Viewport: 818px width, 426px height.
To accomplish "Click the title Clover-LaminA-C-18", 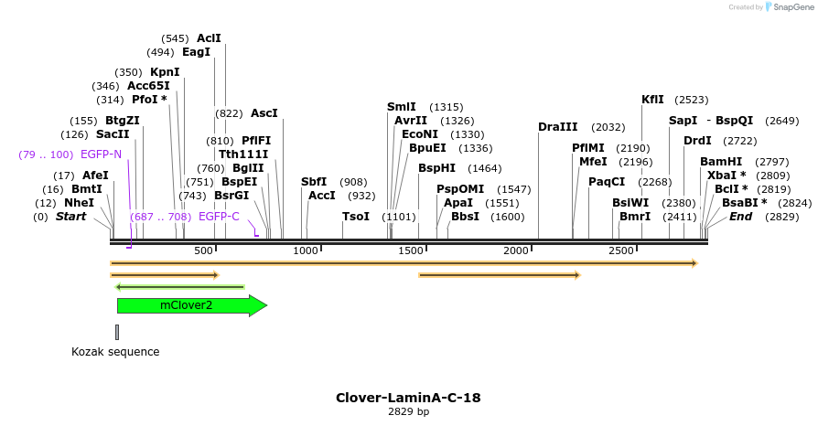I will click(x=408, y=398).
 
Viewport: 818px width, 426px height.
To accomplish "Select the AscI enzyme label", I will click(x=264, y=113).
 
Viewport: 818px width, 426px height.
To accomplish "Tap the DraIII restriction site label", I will click(x=557, y=127).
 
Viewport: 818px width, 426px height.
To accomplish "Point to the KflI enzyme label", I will click(x=652, y=100).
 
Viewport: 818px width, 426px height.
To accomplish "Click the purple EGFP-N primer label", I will click(x=101, y=154).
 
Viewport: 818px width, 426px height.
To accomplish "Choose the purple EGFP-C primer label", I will click(x=219, y=217).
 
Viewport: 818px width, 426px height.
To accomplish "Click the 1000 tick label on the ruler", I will click(x=305, y=250).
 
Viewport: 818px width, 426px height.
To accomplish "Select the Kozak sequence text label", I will click(x=115, y=352).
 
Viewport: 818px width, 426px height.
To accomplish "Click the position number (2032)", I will click(x=608, y=127).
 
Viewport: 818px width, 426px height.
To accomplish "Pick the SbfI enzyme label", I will click(x=314, y=182).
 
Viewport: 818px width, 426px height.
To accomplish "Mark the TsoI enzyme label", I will click(x=355, y=217).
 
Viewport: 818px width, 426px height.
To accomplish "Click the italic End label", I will click(x=740, y=217).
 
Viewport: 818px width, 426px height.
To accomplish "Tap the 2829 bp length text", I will click(x=408, y=412).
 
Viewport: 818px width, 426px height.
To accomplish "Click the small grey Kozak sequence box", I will click(x=116, y=332).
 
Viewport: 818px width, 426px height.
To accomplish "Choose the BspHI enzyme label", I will click(x=436, y=168).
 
